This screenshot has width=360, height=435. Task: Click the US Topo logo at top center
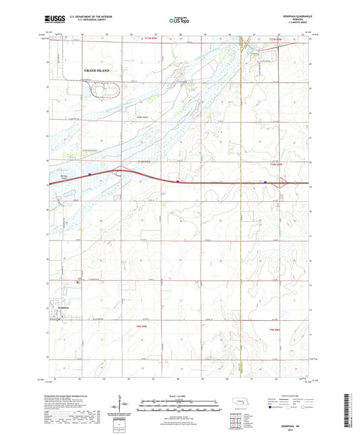[179, 21]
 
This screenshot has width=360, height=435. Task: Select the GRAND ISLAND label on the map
[97, 70]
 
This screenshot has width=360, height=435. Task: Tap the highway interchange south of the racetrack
[122, 172]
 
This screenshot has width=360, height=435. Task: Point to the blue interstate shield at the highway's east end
[266, 181]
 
